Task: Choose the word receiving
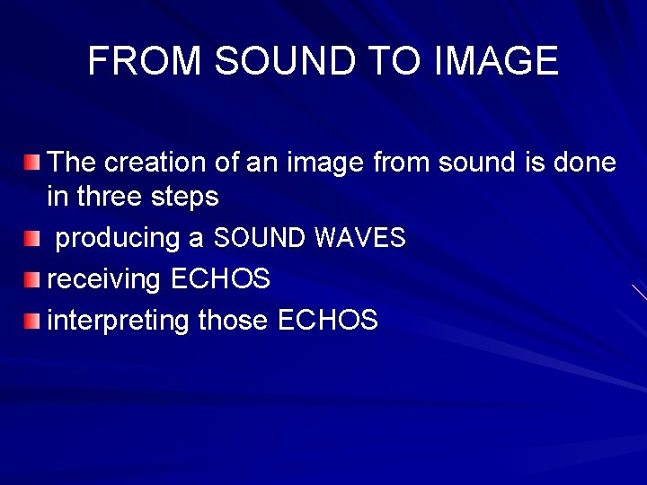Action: pos(103,279)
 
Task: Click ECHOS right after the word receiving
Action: pos(220,279)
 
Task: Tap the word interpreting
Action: pos(118,321)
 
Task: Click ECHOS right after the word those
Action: pos(328,320)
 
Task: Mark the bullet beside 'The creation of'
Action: pos(32,163)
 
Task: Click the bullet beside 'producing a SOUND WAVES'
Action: pos(32,239)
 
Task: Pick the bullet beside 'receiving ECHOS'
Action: pos(32,279)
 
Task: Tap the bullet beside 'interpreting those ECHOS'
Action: pos(32,320)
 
